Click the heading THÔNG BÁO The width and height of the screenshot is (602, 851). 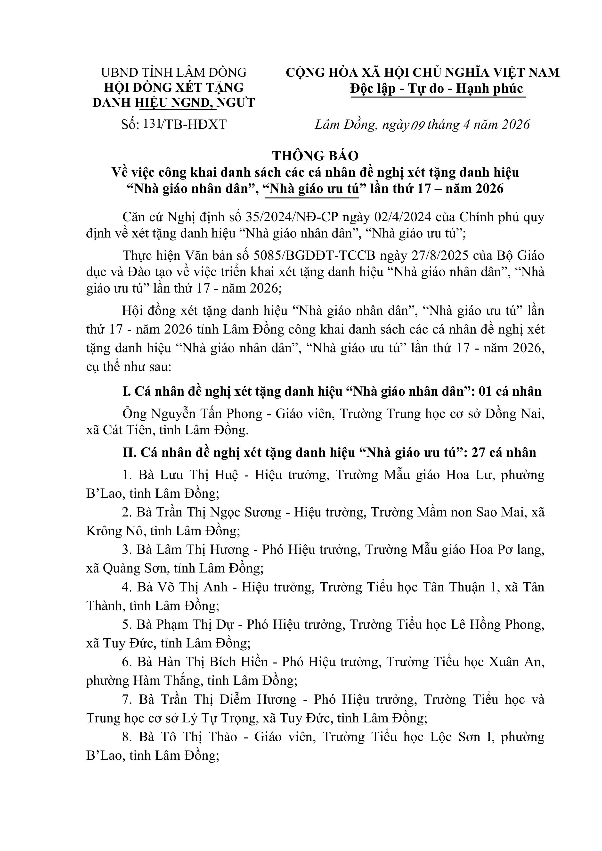point(316,156)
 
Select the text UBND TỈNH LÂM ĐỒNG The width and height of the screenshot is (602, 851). point(174,72)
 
